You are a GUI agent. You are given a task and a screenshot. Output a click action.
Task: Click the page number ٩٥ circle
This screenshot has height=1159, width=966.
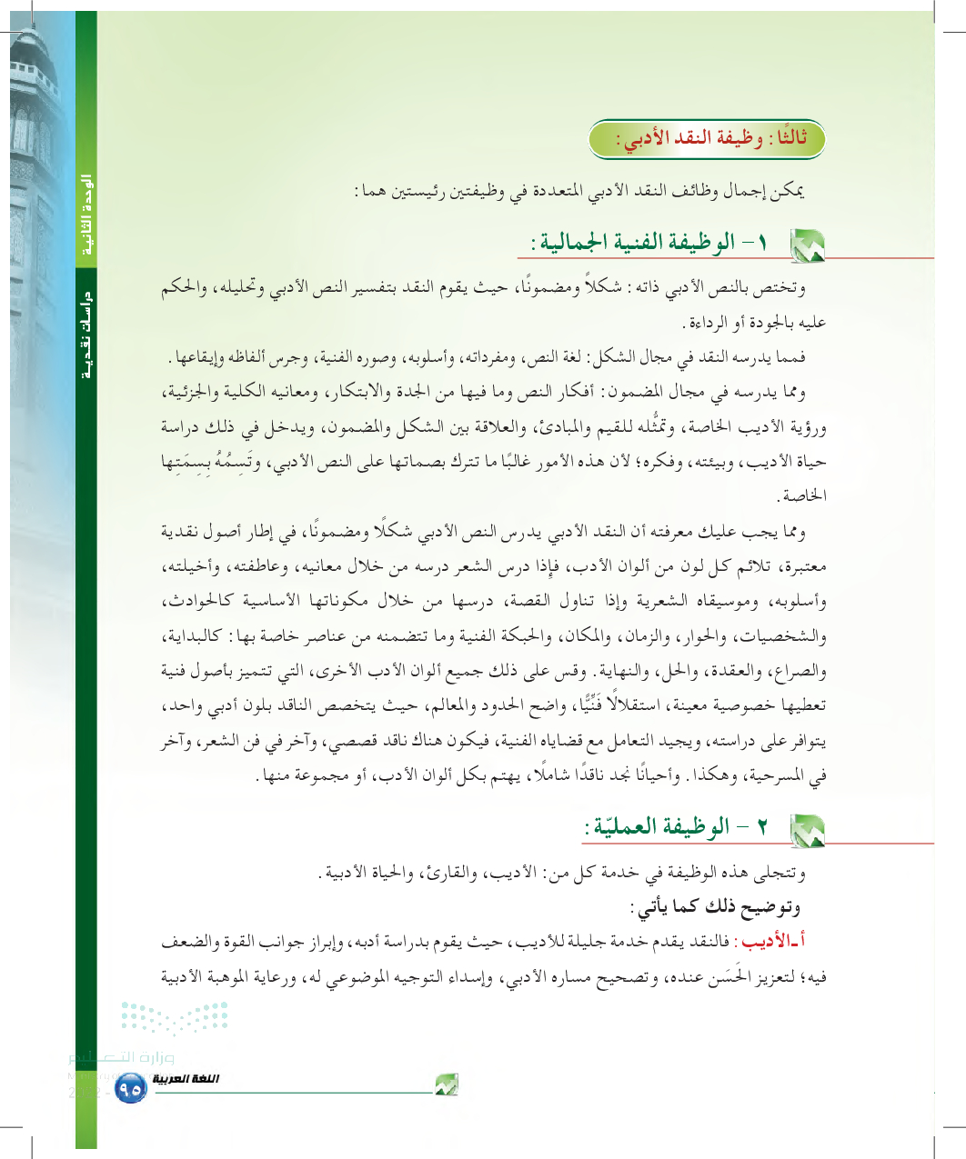click(x=131, y=1086)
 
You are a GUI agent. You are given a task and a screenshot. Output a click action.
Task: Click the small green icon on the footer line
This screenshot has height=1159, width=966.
click(x=446, y=1084)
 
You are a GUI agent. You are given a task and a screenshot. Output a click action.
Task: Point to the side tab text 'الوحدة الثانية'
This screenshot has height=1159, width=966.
click(x=87, y=214)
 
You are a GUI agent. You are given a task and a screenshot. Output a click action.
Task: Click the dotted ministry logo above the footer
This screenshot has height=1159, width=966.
click(x=174, y=1018)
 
